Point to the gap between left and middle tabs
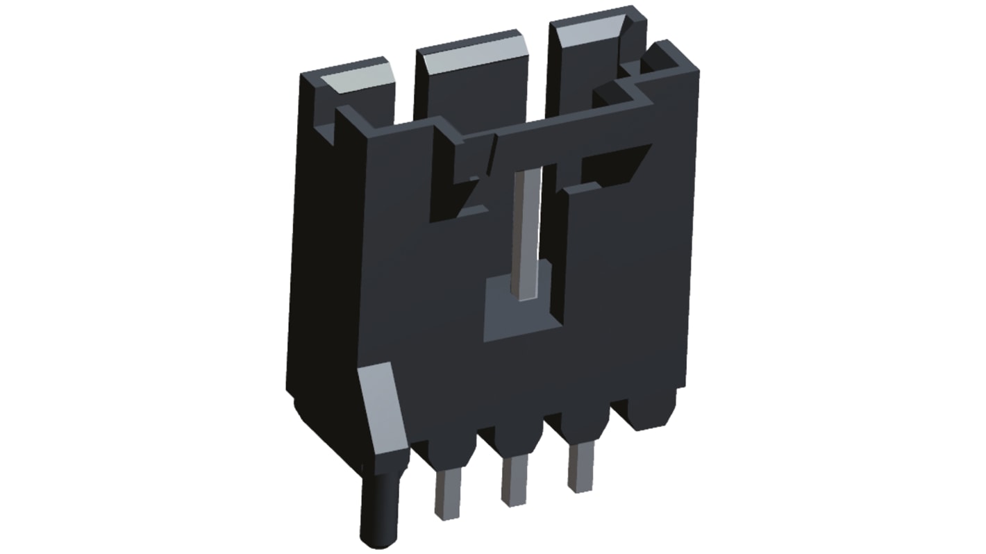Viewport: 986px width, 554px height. pyautogui.click(x=404, y=90)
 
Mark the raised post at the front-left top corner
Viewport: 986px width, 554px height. pyautogui.click(x=351, y=125)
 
